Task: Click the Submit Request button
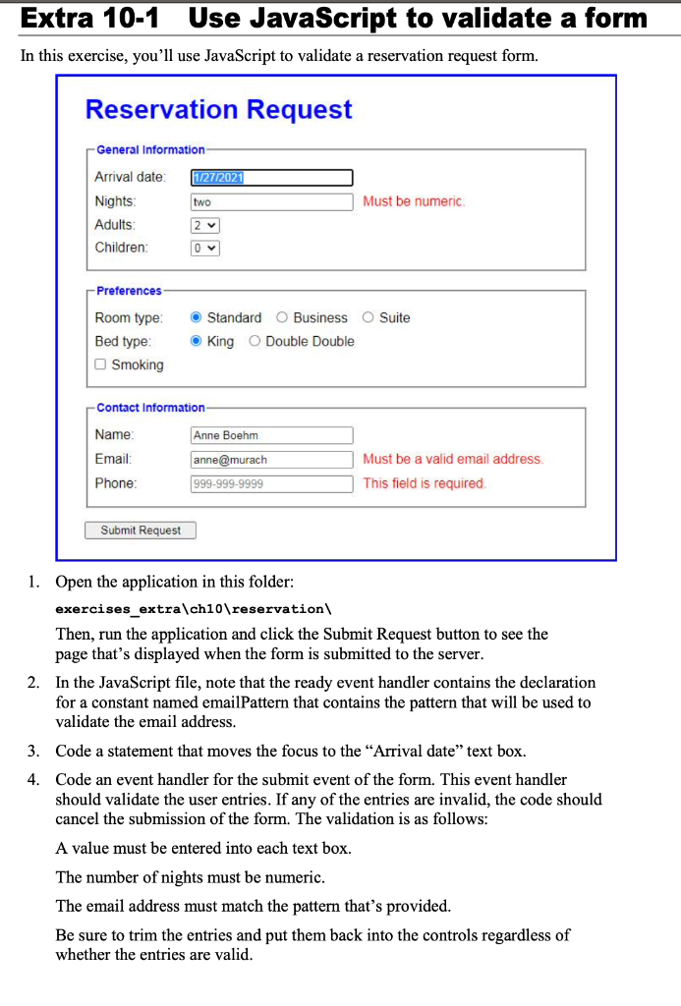coord(141,531)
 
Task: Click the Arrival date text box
coord(271,178)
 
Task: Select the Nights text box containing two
coord(271,201)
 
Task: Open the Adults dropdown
coord(204,225)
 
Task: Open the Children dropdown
coord(204,248)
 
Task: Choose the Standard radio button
coord(197,318)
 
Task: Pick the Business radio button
coord(282,318)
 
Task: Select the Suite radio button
coord(369,318)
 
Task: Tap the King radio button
coord(197,342)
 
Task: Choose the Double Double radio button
coord(255,342)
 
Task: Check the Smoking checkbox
coord(100,365)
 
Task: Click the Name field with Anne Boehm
coord(271,435)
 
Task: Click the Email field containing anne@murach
coord(271,460)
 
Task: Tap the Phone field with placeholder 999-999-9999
coord(271,483)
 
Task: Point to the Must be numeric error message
coord(414,201)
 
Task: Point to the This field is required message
coord(425,483)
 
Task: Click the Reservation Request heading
coord(218,110)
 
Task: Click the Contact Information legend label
coord(150,408)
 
